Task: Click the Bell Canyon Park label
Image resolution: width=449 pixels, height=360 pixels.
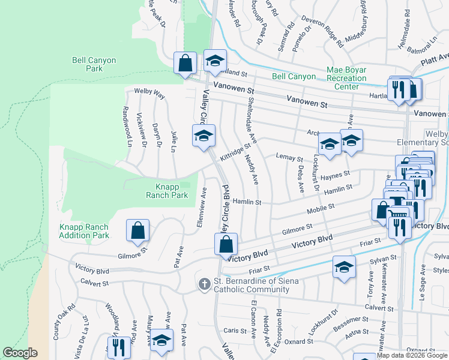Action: coord(94,64)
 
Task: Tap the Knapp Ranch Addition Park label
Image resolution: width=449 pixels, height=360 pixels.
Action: coord(84,231)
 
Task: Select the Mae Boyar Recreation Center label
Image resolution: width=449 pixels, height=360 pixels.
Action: coord(346,78)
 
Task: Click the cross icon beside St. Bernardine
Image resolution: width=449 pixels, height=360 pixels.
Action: coord(204,283)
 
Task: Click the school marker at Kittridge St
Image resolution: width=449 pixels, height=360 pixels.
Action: coord(203,136)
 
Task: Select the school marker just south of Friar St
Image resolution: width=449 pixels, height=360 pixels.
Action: coord(344,268)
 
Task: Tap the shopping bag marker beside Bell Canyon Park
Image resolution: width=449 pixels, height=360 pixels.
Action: coord(185,62)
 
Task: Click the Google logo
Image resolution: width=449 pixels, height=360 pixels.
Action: coord(20,353)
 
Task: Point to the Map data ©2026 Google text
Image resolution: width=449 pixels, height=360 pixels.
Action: coord(412,355)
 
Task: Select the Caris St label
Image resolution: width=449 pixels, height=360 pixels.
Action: coord(235,331)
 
